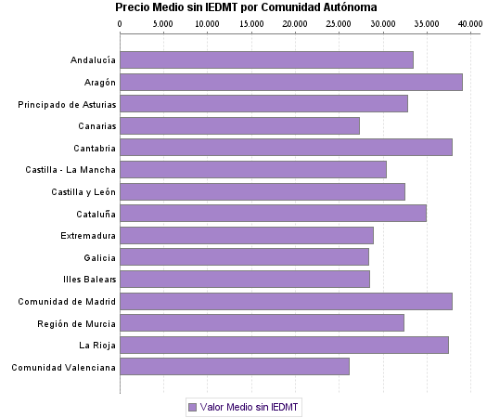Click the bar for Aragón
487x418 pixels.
pyautogui.click(x=291, y=83)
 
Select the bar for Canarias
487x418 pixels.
pyautogui.click(x=239, y=126)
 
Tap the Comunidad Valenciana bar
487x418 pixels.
pyautogui.click(x=235, y=367)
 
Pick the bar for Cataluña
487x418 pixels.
pyautogui.click(x=273, y=214)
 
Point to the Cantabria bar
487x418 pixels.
pyautogui.click(x=286, y=148)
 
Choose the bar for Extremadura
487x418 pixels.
pyautogui.click(x=247, y=235)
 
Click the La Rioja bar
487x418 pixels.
pyautogui.click(x=284, y=345)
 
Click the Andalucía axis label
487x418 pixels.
pyautogui.click(x=93, y=61)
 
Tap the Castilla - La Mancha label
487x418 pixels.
pyautogui.click(x=70, y=170)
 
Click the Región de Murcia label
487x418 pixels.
pyautogui.click(x=77, y=323)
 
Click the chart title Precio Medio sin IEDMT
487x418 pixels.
pyautogui.click(x=246, y=7)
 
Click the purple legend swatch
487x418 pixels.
pyautogui.click(x=192, y=407)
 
